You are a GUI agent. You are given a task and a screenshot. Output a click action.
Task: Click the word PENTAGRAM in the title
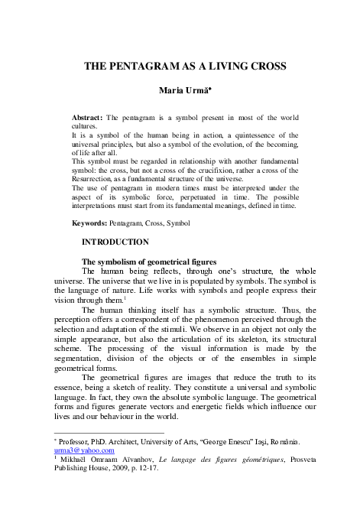[142, 67]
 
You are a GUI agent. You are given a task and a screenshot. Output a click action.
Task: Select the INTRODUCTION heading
[115, 242]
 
